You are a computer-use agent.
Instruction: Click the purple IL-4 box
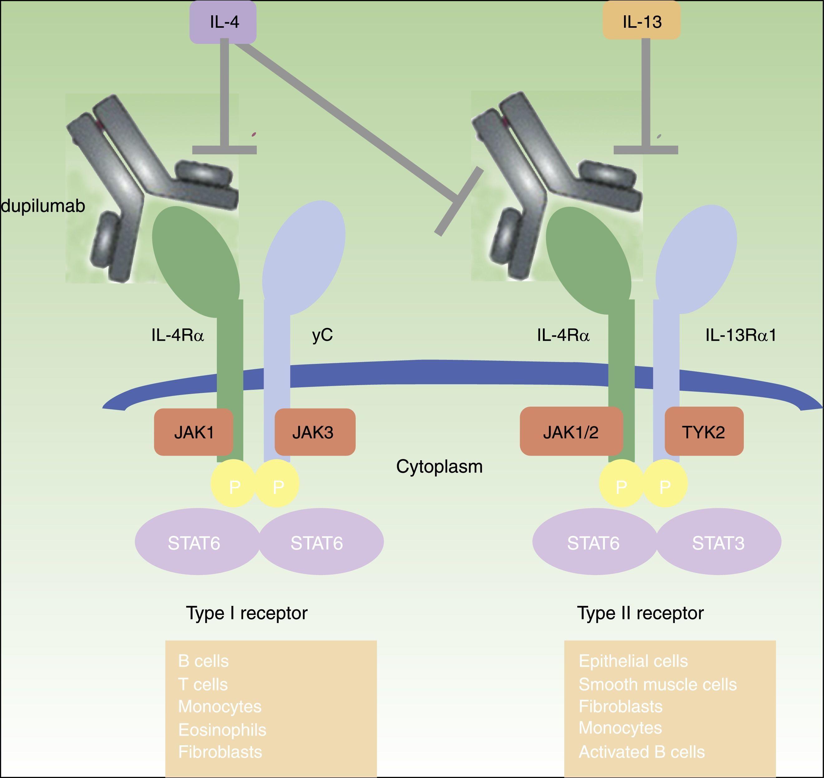pos(223,22)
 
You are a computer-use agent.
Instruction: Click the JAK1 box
pos(193,432)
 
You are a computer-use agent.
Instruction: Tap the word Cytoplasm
pos(439,466)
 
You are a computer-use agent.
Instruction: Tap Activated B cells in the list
pos(641,752)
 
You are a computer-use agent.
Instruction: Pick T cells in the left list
pos(203,684)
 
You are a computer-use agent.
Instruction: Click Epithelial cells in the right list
pos(633,661)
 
